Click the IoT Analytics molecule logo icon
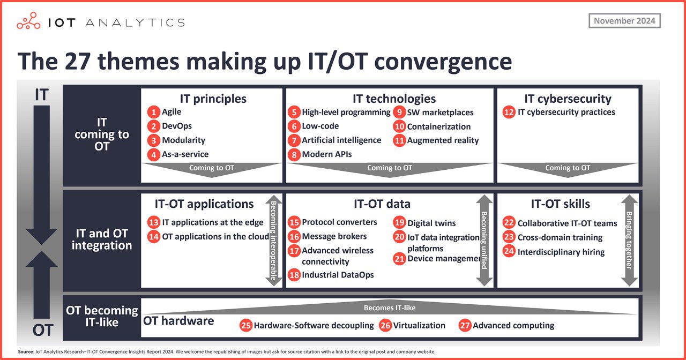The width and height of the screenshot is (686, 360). point(28,21)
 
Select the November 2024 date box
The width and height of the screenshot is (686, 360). point(624,21)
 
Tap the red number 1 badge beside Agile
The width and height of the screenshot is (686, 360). point(153,112)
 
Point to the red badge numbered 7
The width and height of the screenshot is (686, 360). point(294,140)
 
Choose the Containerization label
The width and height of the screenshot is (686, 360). point(438,126)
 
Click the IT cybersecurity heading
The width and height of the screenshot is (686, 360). point(568,99)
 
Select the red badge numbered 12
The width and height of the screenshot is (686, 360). point(509,112)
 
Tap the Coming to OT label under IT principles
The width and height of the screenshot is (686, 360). point(212,168)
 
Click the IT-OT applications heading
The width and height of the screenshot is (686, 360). point(204,204)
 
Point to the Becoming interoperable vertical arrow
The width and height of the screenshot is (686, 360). point(273,241)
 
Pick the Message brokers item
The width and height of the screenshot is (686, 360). point(334,236)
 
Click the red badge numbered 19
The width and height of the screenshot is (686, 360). point(399,222)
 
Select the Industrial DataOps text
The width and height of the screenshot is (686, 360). point(338,275)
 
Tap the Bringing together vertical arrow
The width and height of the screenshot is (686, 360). point(629,241)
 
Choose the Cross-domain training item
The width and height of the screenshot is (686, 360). point(560,237)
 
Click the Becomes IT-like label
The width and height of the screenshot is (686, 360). point(390,307)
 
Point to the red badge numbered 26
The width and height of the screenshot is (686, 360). point(385,325)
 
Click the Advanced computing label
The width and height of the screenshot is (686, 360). point(513,325)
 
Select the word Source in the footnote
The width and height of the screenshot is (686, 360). point(25,352)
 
